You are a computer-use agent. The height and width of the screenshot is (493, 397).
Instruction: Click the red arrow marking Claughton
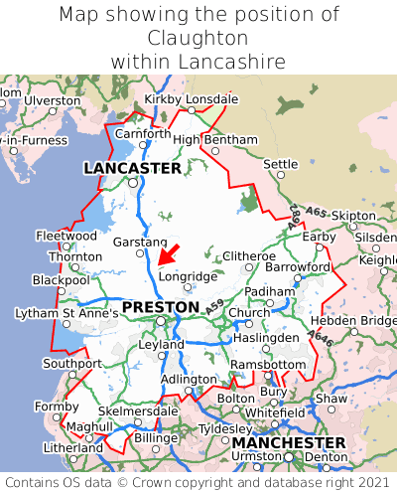[x=169, y=253]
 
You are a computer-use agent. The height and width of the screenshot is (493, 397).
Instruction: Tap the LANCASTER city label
[x=132, y=168]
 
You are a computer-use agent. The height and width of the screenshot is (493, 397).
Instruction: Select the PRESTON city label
[x=161, y=307]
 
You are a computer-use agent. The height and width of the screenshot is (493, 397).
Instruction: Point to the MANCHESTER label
[x=288, y=442]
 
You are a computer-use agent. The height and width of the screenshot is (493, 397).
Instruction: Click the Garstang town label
[x=140, y=243]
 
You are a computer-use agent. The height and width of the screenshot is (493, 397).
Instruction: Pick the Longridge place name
[x=188, y=276]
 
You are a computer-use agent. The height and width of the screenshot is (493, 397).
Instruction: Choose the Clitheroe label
[x=248, y=255]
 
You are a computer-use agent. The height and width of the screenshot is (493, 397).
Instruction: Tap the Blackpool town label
[x=61, y=280]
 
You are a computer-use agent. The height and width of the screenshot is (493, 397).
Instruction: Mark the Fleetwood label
[x=66, y=236]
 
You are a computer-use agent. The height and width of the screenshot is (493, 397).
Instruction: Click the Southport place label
[x=72, y=363]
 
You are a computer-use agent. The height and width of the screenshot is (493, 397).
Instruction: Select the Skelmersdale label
[x=139, y=411]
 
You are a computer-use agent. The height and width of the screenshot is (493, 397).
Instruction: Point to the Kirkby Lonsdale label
[x=192, y=99]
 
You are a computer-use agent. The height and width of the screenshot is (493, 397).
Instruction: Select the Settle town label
[x=280, y=164]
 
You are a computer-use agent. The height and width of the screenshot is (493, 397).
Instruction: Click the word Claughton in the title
[x=198, y=38]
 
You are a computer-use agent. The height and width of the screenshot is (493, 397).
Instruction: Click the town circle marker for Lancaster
[x=132, y=183]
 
